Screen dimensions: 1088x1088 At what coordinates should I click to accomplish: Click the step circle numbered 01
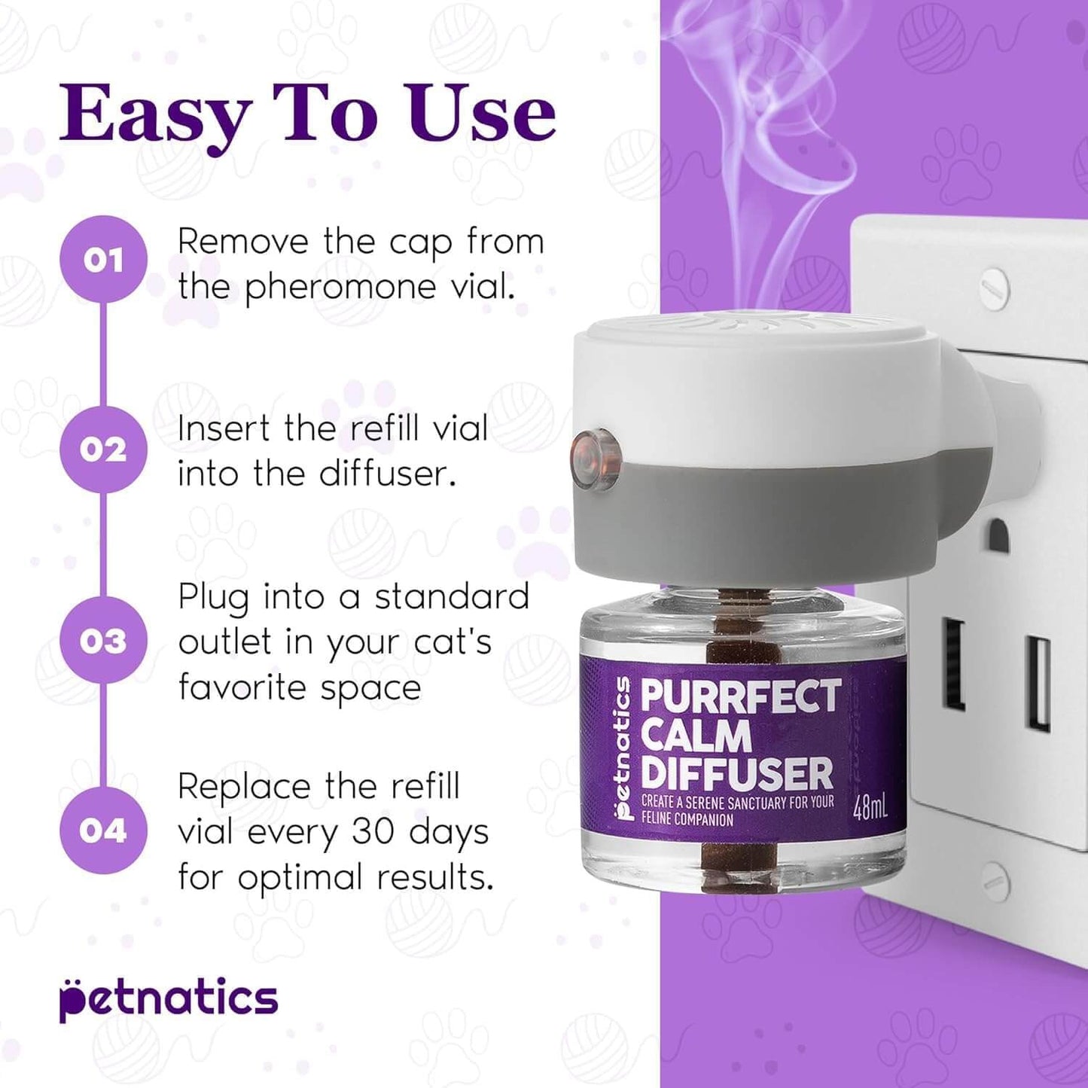103,260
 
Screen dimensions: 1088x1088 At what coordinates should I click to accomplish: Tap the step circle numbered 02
103,450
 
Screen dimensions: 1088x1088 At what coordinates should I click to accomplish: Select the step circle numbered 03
103,640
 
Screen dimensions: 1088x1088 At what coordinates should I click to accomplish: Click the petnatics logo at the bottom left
169,999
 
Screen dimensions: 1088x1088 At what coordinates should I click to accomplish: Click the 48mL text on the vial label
870,809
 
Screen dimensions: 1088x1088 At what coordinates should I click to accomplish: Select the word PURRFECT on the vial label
740,696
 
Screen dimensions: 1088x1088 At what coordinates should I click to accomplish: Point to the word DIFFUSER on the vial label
737,773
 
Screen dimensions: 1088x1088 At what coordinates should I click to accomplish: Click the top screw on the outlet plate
995,285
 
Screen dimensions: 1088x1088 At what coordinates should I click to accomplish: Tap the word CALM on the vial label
696,736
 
